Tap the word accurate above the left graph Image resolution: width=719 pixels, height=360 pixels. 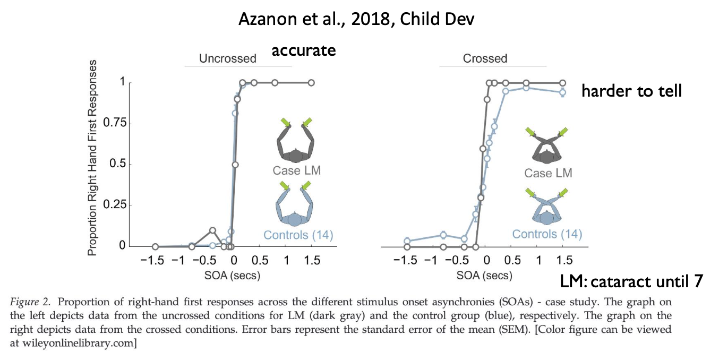(303, 50)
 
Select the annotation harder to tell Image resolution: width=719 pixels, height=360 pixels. (631, 91)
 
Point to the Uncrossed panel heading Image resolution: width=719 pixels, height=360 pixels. (227, 58)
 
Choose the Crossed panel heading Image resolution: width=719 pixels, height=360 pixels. (485, 58)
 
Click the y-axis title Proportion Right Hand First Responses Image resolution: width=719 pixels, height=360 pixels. (93, 158)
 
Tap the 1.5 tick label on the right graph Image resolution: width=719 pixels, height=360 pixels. (564, 261)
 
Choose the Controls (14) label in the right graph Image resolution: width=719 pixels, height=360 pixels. (547, 234)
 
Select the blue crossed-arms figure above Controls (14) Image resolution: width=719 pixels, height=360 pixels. (547, 205)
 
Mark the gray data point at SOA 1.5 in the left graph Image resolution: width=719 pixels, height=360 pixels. (311, 83)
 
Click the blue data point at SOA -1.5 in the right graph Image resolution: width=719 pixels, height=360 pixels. (407, 241)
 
